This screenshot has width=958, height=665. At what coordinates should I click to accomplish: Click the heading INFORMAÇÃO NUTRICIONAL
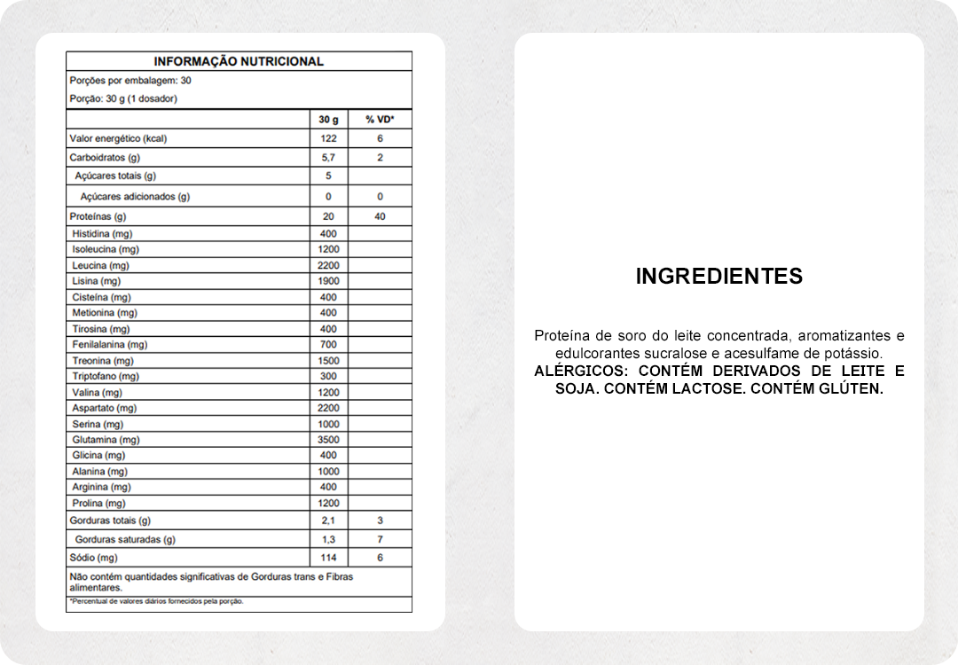239,61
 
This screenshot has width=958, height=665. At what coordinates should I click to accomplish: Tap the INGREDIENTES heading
718,276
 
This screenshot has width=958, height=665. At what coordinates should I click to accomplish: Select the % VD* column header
380,119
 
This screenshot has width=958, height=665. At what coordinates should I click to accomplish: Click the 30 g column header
328,119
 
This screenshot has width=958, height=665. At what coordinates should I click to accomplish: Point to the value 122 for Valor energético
328,138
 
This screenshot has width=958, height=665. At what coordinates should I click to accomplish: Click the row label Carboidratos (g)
105,158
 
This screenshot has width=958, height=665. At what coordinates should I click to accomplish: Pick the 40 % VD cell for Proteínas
380,216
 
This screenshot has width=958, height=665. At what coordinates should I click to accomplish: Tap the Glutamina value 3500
328,440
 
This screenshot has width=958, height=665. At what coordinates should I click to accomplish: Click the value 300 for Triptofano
328,376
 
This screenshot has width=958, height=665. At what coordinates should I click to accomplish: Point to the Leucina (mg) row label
100,265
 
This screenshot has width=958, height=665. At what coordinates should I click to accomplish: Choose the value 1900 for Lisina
328,281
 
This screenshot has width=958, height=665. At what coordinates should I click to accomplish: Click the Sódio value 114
328,558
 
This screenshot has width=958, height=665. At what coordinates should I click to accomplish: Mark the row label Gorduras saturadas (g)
125,539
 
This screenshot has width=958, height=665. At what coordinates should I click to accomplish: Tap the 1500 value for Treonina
328,361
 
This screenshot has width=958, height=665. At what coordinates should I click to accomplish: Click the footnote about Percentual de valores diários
156,601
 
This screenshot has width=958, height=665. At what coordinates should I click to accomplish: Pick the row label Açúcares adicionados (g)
135,197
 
